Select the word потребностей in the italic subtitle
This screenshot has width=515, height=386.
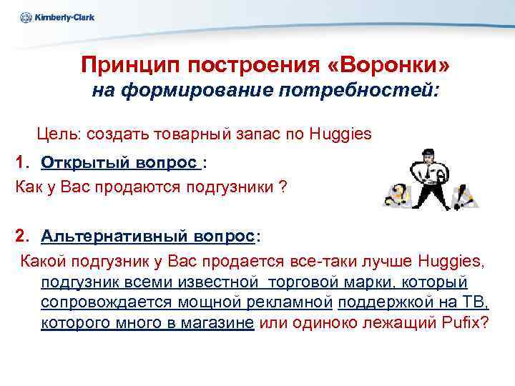point(364,91)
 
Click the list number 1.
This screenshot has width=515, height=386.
point(22,162)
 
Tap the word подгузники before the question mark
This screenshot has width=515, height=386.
point(229,187)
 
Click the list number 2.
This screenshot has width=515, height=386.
point(22,237)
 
